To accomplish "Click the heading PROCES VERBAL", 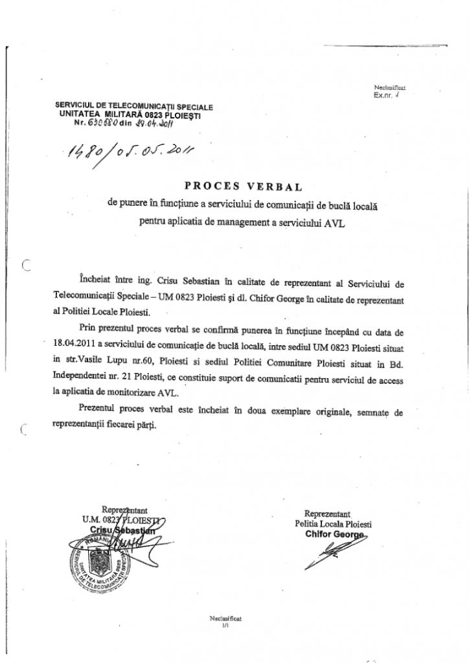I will (x=244, y=188).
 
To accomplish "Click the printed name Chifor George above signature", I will (x=336, y=534).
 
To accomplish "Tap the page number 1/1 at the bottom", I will (x=225, y=625).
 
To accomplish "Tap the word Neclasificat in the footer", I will (x=225, y=618).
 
